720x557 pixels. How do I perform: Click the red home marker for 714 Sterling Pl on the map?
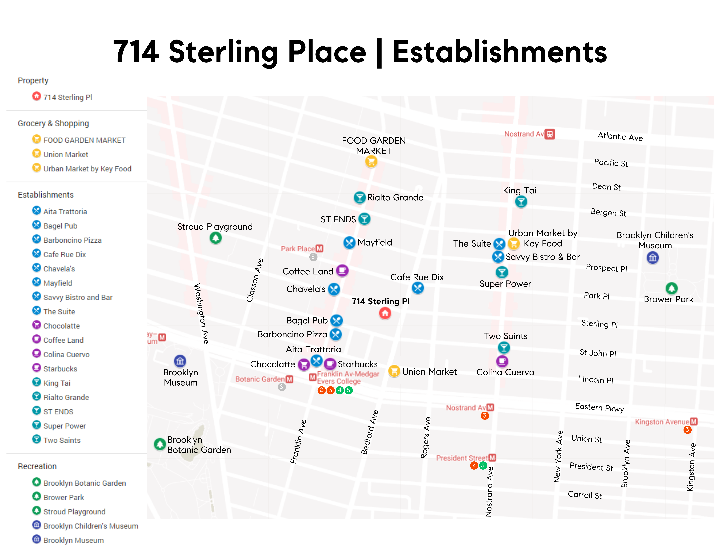click(385, 313)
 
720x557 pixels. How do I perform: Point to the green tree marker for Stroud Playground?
click(216, 238)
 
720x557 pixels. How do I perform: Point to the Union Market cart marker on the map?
click(394, 371)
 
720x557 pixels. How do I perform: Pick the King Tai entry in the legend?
click(57, 383)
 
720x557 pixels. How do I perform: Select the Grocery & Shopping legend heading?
click(53, 123)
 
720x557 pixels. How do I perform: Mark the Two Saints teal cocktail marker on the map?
click(503, 347)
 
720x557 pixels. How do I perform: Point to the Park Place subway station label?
click(298, 249)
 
